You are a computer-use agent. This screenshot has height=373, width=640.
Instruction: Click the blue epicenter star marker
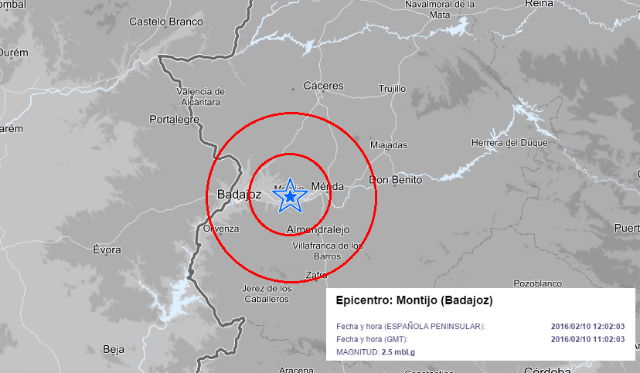pos(290,197)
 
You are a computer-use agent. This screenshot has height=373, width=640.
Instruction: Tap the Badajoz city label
pos(239,194)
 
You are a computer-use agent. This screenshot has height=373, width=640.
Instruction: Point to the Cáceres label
pos(324,86)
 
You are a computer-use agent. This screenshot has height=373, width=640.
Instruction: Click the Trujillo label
pos(392,89)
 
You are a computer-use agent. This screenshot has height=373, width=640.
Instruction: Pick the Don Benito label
pos(396,180)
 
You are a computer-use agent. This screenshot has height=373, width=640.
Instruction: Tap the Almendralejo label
pos(318,229)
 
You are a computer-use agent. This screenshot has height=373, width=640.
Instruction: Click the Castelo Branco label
pos(166,22)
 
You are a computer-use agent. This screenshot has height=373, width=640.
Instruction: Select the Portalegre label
pos(174,120)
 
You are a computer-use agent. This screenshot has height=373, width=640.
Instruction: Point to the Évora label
pos(107,249)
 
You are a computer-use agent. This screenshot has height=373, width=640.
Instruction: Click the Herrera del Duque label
pos(509,143)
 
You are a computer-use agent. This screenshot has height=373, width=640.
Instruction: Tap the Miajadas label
pos(388,144)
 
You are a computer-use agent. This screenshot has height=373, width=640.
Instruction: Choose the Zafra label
pos(317,275)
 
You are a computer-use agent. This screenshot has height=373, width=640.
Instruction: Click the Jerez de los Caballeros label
pos(267,293)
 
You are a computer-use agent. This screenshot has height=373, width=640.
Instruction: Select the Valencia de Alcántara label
pos(199,97)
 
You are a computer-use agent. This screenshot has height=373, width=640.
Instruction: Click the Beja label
pos(113,349)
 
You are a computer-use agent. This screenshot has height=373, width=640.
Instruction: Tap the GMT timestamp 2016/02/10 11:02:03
pos(587,339)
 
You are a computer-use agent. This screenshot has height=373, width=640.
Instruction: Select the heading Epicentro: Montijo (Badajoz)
pos(414,300)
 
